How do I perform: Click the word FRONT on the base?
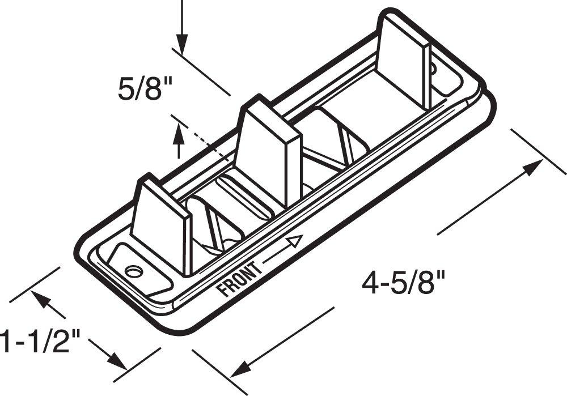click(240, 279)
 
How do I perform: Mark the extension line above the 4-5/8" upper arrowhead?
click(539, 150)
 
